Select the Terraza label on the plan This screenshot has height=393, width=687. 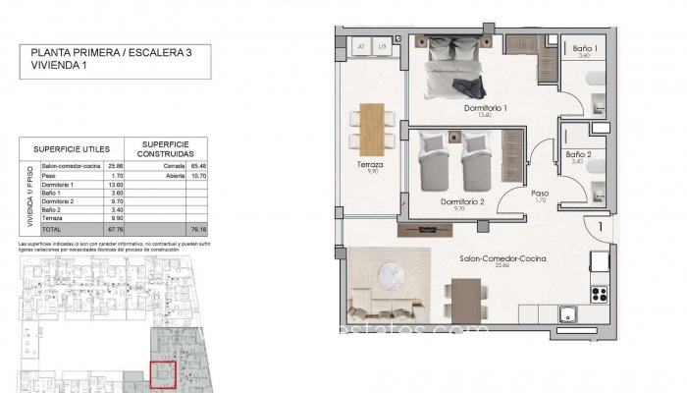[x=370, y=165]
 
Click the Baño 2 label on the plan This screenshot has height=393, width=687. [x=577, y=154]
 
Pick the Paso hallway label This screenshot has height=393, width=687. [x=540, y=194]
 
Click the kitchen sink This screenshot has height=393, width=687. [x=568, y=314]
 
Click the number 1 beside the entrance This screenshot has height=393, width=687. [x=599, y=227]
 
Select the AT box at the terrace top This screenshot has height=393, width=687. [x=362, y=46]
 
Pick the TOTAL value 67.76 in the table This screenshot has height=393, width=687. [x=115, y=227]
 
